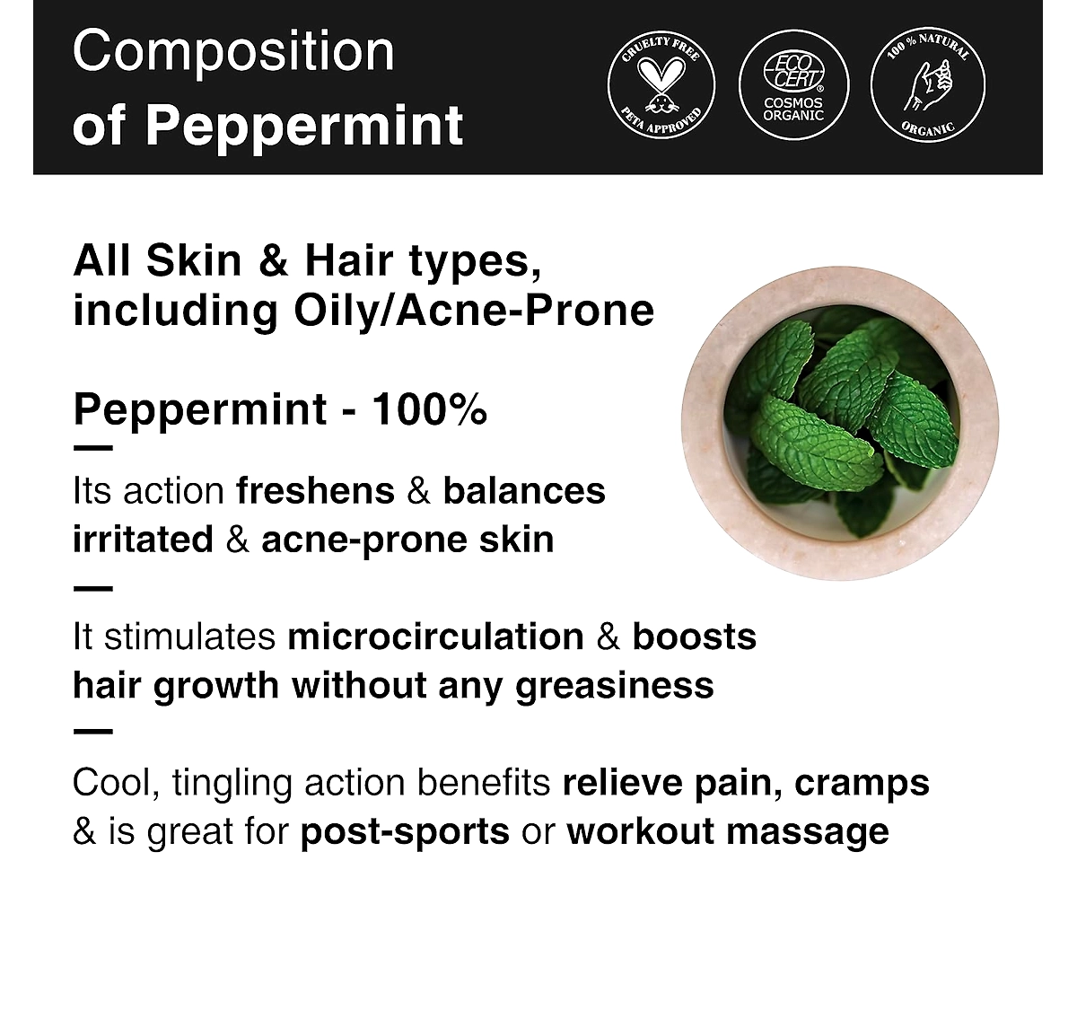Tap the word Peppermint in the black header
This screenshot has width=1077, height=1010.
point(304,127)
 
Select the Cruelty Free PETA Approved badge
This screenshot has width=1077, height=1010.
point(661,85)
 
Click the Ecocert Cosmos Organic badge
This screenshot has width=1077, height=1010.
point(793,85)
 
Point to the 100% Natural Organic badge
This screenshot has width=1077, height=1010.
point(928,85)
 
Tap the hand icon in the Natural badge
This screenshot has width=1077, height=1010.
point(928,85)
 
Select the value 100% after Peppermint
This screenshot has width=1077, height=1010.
point(430,409)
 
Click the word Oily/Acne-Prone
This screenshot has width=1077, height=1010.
point(474,312)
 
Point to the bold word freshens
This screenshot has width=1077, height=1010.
point(316,490)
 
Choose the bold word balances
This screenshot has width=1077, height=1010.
point(524,490)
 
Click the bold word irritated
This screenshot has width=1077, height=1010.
point(144,540)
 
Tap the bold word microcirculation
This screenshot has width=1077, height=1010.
point(435,637)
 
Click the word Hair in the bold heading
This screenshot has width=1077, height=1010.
point(349,261)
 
